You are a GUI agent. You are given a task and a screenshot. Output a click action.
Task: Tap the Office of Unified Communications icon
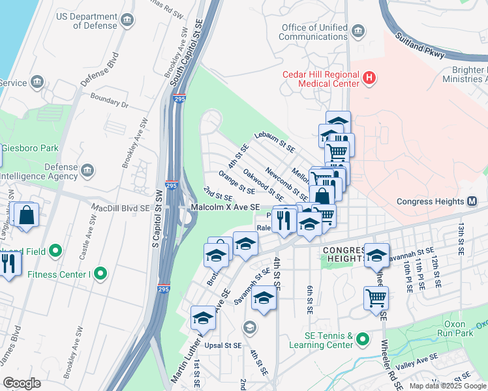coord(358,31)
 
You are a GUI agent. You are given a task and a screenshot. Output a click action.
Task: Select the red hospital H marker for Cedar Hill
coord(369,79)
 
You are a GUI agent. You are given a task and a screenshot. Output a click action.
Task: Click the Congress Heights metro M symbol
coord(472,201)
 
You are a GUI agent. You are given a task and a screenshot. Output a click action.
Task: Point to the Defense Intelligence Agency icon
coord(88,171)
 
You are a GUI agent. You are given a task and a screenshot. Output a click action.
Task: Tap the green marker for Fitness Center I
coord(100,274)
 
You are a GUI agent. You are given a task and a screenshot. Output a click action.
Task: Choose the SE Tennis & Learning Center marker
coord(363,339)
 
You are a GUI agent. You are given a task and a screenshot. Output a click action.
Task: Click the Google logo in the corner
coord(22,383)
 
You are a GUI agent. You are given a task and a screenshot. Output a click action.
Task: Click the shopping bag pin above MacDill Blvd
coord(27,214)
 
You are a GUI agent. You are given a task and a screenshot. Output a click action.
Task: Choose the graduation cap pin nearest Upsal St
coord(203,318)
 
